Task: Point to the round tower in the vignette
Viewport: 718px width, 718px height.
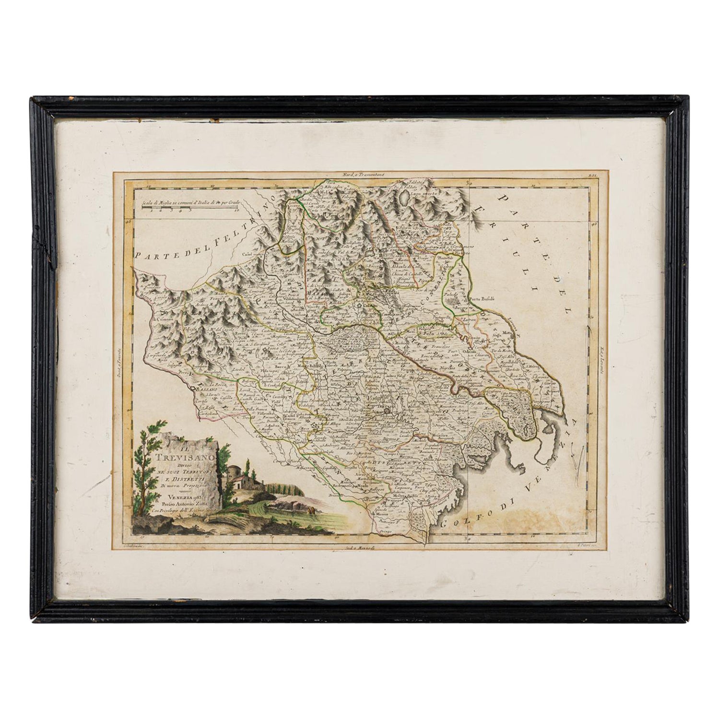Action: [234, 465]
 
